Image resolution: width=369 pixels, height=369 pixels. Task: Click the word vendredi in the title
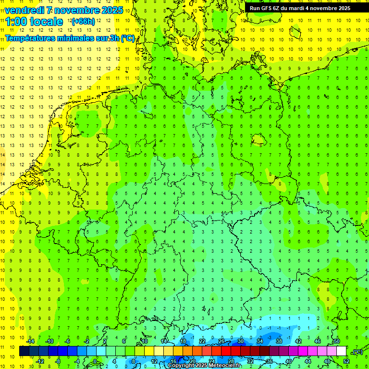[x=25, y=10]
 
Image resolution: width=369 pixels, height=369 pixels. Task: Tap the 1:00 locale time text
[x=34, y=22]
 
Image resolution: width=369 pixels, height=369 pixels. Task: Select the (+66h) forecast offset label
[x=83, y=22]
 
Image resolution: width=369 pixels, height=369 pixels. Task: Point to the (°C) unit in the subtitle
[x=128, y=38]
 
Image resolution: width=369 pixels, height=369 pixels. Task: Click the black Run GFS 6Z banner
[x=300, y=8]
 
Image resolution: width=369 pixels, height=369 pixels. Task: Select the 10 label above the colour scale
[x=144, y=341]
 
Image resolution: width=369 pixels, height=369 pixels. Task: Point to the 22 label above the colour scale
[x=202, y=341]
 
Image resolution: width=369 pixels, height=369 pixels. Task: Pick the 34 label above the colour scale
[x=260, y=341]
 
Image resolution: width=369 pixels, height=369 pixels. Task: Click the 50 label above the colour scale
[x=337, y=341]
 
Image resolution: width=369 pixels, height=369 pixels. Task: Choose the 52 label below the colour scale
[x=346, y=361]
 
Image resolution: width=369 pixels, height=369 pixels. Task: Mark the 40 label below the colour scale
[x=289, y=361]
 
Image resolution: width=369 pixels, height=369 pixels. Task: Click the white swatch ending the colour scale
[x=342, y=351]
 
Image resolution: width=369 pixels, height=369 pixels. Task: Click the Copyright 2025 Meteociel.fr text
[x=204, y=366]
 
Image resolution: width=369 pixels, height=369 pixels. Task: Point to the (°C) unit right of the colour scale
[x=357, y=351]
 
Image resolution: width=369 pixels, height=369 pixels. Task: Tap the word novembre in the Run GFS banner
[x=321, y=8]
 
